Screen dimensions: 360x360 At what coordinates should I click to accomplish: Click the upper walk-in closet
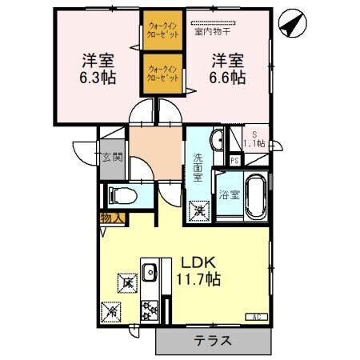coord(163,30)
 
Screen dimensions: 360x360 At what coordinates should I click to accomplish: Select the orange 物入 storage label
coord(110,218)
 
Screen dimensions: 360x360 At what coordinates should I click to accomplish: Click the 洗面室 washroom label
coord(198,169)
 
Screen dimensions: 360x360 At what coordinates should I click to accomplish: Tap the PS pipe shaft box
coord(234,160)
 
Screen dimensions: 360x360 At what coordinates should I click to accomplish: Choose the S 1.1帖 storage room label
coord(254,140)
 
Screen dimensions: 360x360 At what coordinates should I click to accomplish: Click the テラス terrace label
coord(213,341)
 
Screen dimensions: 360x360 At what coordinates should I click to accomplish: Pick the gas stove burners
coord(149,309)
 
